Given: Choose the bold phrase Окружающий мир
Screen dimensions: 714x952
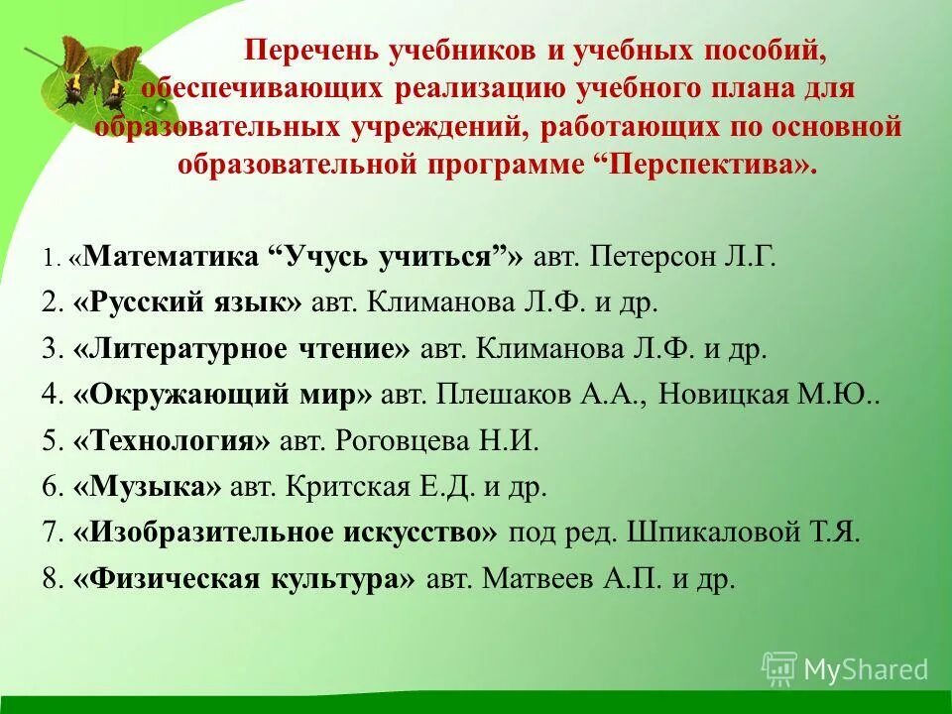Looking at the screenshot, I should coord(223,396).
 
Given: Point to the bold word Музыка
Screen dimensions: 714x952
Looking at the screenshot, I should coord(147,487).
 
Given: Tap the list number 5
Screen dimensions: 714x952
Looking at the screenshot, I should coord(52,441).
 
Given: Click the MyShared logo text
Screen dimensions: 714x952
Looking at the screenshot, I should coord(866,669).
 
